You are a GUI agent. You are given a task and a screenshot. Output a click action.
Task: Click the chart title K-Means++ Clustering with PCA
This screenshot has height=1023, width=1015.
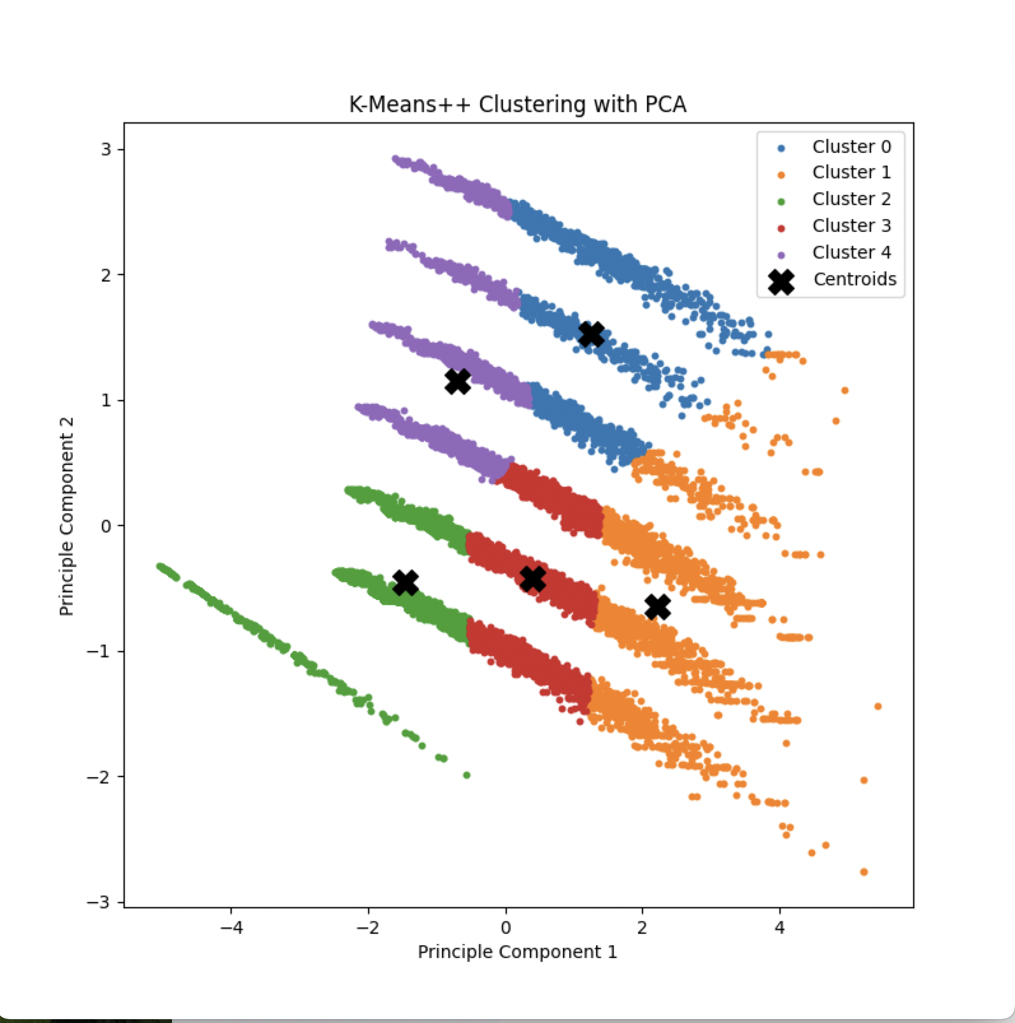(x=518, y=104)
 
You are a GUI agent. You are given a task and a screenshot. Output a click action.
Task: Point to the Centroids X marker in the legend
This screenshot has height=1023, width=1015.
(x=781, y=281)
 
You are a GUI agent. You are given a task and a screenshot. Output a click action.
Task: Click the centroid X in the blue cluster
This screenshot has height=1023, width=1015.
(x=592, y=334)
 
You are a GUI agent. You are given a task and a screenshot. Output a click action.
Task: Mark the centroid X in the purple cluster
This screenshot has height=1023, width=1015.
(x=458, y=382)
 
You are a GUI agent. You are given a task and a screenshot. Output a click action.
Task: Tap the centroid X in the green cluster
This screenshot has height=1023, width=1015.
(x=406, y=582)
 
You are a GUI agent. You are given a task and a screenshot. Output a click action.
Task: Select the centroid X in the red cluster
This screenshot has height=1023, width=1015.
(x=533, y=579)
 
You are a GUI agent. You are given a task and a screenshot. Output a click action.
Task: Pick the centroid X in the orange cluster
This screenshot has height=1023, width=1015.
(x=658, y=606)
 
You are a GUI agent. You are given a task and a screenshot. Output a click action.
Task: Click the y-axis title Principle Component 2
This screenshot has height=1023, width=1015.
(x=67, y=517)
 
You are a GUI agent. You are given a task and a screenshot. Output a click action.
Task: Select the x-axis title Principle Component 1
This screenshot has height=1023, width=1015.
(x=518, y=952)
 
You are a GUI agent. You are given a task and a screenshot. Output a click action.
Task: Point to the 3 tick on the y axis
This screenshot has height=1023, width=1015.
(x=106, y=150)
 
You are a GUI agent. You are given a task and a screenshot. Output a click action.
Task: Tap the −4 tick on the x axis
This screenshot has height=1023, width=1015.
(x=231, y=927)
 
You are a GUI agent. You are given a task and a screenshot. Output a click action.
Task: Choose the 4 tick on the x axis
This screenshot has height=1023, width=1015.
(x=779, y=927)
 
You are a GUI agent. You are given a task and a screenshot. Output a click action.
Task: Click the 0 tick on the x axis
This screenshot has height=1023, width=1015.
(x=506, y=927)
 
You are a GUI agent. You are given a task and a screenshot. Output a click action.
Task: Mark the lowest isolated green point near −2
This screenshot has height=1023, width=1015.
(x=467, y=775)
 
